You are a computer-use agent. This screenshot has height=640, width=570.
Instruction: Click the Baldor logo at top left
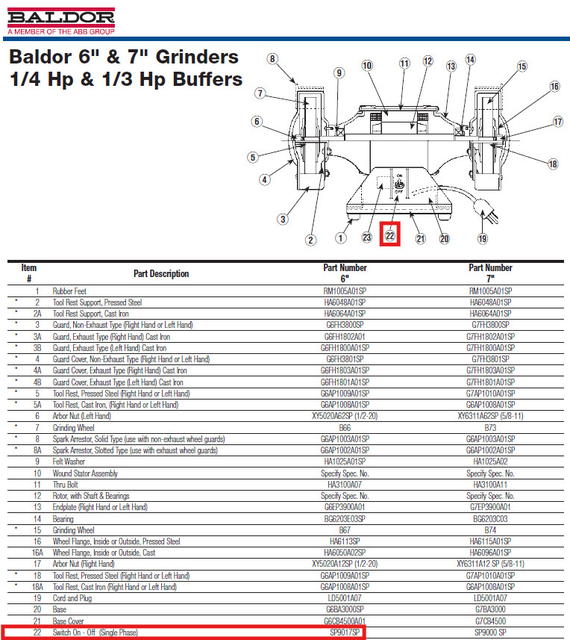point(60,19)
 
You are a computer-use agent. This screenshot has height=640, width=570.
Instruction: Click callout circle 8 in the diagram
point(272,59)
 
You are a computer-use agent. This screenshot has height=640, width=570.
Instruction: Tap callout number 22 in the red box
point(390,235)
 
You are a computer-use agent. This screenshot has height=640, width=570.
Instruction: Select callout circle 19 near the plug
point(482,238)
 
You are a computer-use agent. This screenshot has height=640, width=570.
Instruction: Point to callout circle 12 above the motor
point(427,61)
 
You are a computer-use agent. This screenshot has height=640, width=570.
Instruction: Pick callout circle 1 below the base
point(340,238)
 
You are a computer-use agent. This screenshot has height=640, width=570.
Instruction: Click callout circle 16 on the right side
point(554,87)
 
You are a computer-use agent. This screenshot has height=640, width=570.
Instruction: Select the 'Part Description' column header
point(161,273)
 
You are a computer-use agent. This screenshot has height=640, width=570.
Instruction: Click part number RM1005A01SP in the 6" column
point(344,291)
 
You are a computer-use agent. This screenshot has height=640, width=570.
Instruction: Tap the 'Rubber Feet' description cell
point(69,291)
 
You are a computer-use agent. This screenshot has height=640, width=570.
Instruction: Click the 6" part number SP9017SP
point(345,633)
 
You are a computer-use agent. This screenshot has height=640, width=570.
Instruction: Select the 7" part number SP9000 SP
point(490,633)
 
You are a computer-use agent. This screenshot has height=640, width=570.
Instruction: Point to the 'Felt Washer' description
point(69,462)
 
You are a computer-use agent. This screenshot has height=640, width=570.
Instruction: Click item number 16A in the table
point(37,553)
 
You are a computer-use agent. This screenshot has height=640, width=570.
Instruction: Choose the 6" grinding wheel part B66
point(345,428)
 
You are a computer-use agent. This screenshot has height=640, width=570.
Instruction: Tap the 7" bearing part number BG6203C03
point(490,518)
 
